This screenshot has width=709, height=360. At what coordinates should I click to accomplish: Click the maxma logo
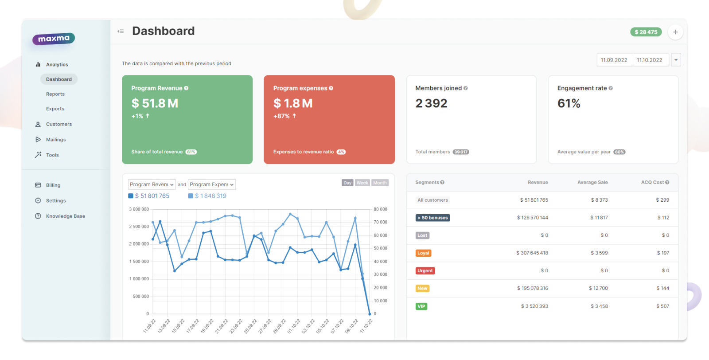[x=54, y=39]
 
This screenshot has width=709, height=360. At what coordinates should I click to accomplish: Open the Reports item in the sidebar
[x=55, y=94]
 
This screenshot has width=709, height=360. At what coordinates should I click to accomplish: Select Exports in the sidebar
[x=55, y=109]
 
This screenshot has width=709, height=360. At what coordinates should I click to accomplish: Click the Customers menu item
[x=58, y=124]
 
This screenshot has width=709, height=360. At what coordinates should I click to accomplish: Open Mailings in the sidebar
[x=55, y=140]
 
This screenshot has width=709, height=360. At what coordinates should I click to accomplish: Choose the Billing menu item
[x=53, y=185]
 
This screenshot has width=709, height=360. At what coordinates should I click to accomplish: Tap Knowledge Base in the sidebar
[x=65, y=216]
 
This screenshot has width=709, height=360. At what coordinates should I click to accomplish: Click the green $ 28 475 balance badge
[x=646, y=32]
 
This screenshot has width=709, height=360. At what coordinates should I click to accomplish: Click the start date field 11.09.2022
[x=614, y=60]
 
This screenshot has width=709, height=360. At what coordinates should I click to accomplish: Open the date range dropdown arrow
[x=676, y=60]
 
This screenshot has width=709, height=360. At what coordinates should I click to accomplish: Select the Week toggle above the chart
[x=362, y=183]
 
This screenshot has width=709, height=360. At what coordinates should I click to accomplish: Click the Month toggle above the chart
[x=380, y=183]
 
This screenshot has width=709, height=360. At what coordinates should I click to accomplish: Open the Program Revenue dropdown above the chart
[x=152, y=184]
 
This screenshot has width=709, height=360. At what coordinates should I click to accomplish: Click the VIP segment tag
[x=421, y=306]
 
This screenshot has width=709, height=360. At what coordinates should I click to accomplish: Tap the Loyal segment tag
[x=423, y=253]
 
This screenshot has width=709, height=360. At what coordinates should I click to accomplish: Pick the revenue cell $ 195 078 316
[x=532, y=288]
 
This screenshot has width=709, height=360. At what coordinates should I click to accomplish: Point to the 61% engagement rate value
[x=569, y=103]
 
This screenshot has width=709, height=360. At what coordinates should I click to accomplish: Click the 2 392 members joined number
[x=431, y=103]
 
